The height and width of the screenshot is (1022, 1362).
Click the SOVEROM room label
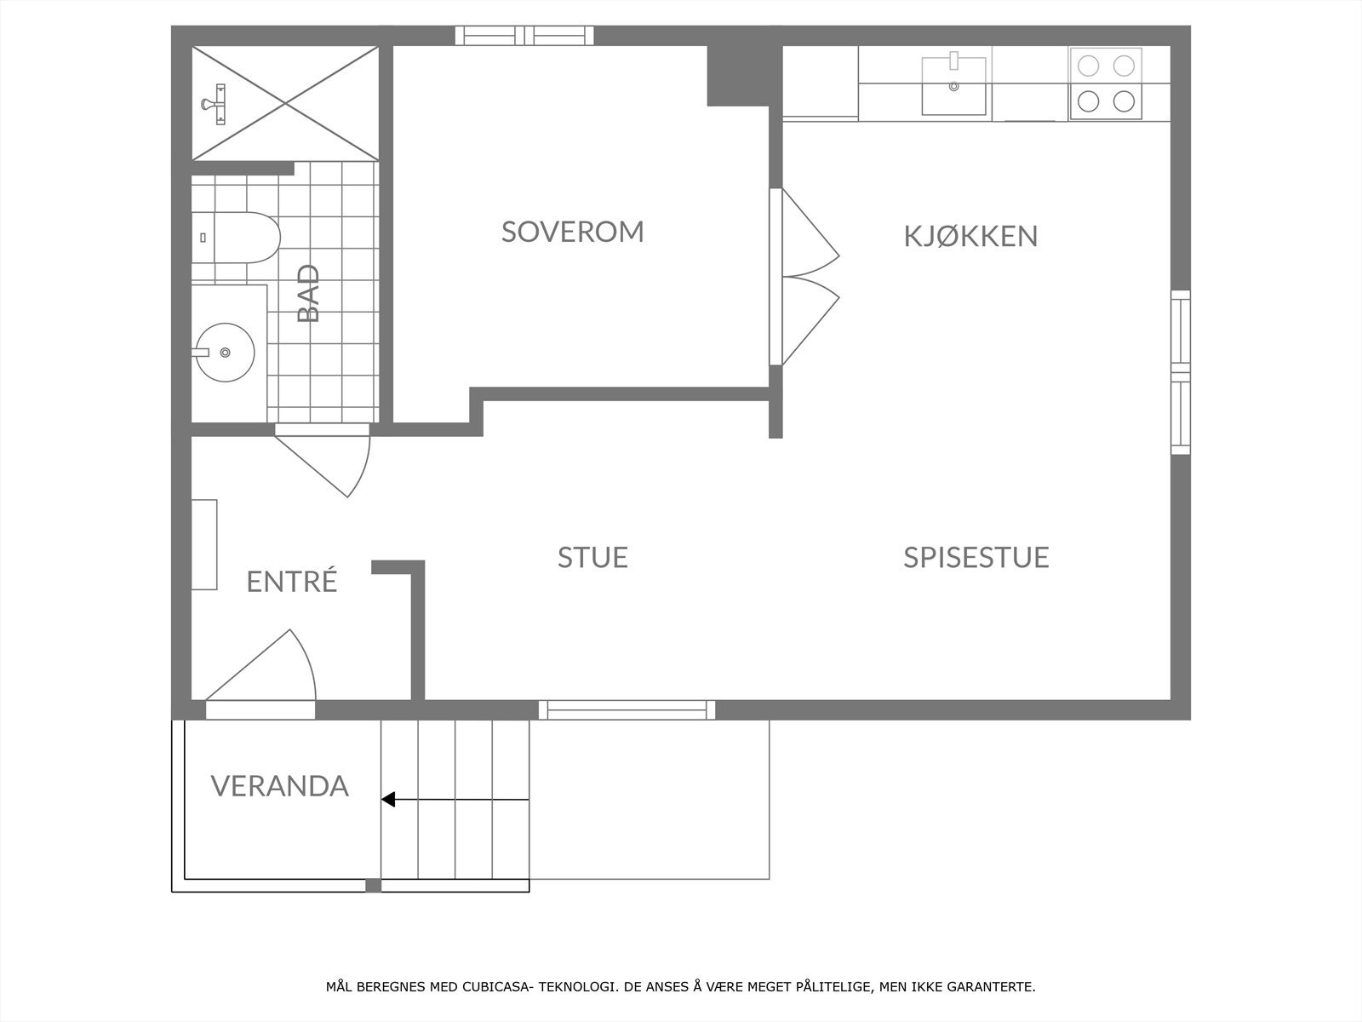(x=572, y=232)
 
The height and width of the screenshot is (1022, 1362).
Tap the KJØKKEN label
(x=970, y=236)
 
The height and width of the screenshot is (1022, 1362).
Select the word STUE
(x=592, y=557)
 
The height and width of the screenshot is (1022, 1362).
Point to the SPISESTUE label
(x=976, y=557)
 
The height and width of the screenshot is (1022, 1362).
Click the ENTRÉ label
(x=292, y=582)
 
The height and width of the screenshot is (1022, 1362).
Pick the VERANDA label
(x=280, y=785)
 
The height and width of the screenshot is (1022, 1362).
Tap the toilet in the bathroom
(x=243, y=237)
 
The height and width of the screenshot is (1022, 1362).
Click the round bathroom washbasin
(x=225, y=352)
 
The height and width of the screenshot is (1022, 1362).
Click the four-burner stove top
(x=1106, y=83)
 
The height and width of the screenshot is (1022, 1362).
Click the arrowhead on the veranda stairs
(x=388, y=800)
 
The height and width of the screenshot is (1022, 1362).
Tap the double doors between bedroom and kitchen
(x=804, y=277)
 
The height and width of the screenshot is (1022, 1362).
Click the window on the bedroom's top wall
(x=524, y=35)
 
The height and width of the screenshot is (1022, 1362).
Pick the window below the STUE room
(x=627, y=709)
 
